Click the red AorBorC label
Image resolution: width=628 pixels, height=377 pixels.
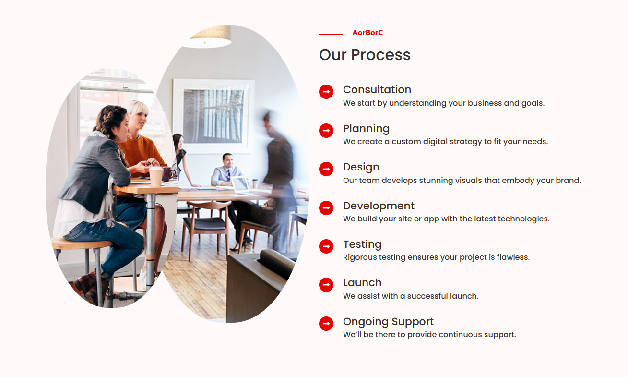point(367,33)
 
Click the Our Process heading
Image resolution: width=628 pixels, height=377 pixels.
point(365,55)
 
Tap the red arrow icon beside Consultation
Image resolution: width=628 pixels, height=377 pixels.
point(326,92)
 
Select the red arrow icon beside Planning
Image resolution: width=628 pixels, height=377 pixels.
point(326,131)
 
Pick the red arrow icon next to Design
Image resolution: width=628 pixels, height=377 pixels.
point(326,169)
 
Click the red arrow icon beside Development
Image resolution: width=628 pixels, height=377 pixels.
point(326,208)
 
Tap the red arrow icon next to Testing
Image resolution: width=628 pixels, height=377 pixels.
point(326,246)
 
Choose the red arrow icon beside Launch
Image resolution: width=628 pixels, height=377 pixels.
point(326,285)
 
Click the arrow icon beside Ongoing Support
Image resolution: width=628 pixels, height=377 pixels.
point(326,324)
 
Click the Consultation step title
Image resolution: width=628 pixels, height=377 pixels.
point(377,89)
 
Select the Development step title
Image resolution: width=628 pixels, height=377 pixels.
point(379,206)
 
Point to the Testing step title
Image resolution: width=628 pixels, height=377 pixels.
point(362,244)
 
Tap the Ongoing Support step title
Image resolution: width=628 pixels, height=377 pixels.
point(388,322)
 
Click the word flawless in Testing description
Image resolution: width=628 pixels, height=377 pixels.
point(513,257)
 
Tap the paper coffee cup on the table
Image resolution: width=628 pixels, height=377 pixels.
point(156,176)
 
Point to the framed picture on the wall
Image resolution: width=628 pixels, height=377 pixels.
point(213,116)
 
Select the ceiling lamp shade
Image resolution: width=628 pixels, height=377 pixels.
point(208,37)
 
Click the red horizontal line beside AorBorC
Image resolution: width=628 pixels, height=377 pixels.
point(331,34)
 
